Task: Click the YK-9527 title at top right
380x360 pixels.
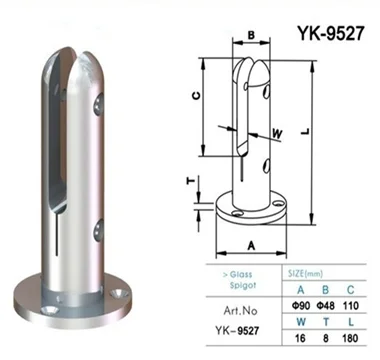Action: (x=330, y=33)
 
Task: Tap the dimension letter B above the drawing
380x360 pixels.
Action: (x=251, y=35)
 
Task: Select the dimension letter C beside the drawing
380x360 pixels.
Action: (x=196, y=96)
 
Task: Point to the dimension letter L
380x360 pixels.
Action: (x=305, y=132)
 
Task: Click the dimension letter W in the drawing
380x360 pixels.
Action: (x=277, y=134)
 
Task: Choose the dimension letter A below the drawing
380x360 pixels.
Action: (x=251, y=246)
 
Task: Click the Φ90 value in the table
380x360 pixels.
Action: (x=300, y=305)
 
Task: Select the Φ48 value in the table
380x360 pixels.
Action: (x=326, y=305)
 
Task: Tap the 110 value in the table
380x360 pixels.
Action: (x=350, y=305)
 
